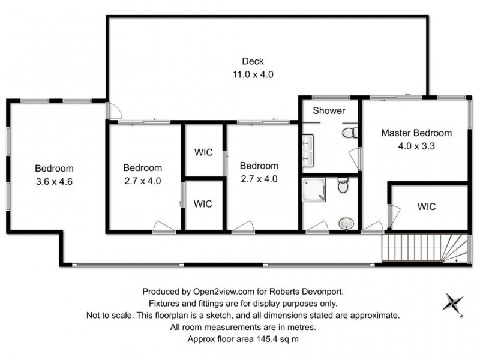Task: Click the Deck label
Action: [x=253, y=61]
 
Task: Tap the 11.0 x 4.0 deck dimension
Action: [x=253, y=74]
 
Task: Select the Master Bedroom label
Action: [x=416, y=133]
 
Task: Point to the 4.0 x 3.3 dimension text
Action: [x=416, y=146]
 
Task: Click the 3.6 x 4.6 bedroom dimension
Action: [x=54, y=181]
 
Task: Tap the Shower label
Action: [x=329, y=110]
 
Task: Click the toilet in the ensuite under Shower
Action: [x=349, y=131]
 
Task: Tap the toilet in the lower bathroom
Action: [x=343, y=185]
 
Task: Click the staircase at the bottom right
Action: [x=424, y=248]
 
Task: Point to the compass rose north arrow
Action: [x=454, y=302]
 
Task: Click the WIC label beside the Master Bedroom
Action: [x=427, y=207]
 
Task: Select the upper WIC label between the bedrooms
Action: [x=203, y=152]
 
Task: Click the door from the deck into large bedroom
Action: [x=113, y=111]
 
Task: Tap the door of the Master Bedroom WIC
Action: [x=394, y=215]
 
